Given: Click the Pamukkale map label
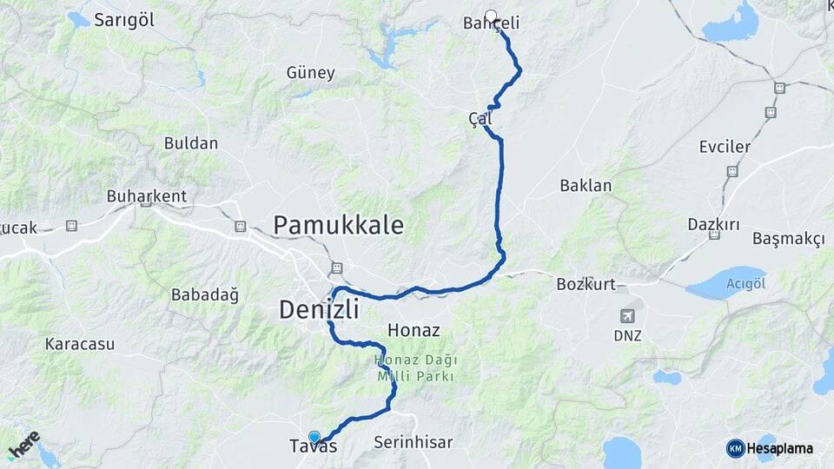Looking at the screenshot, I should (x=338, y=225).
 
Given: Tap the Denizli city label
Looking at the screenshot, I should (x=318, y=307).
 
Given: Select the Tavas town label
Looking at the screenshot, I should (x=313, y=447).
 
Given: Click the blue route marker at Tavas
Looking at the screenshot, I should (x=314, y=437).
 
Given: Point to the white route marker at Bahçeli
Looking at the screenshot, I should (x=491, y=16).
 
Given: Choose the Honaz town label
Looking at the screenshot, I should (x=414, y=330).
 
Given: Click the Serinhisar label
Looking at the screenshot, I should (x=414, y=442).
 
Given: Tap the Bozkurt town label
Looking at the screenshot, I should (x=586, y=283).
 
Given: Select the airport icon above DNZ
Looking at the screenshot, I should (x=627, y=316).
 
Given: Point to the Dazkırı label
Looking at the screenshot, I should (x=713, y=224).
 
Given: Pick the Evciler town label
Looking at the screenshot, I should (x=725, y=147).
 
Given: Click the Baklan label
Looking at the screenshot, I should (x=586, y=185).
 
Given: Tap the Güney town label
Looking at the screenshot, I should (x=310, y=73).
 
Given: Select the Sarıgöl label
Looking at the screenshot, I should (x=124, y=20).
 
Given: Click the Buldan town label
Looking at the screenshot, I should (x=190, y=142).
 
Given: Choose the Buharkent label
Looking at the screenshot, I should (x=147, y=196).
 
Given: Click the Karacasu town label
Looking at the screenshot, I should (x=80, y=344).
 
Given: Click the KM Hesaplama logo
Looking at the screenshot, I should (x=770, y=448).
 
